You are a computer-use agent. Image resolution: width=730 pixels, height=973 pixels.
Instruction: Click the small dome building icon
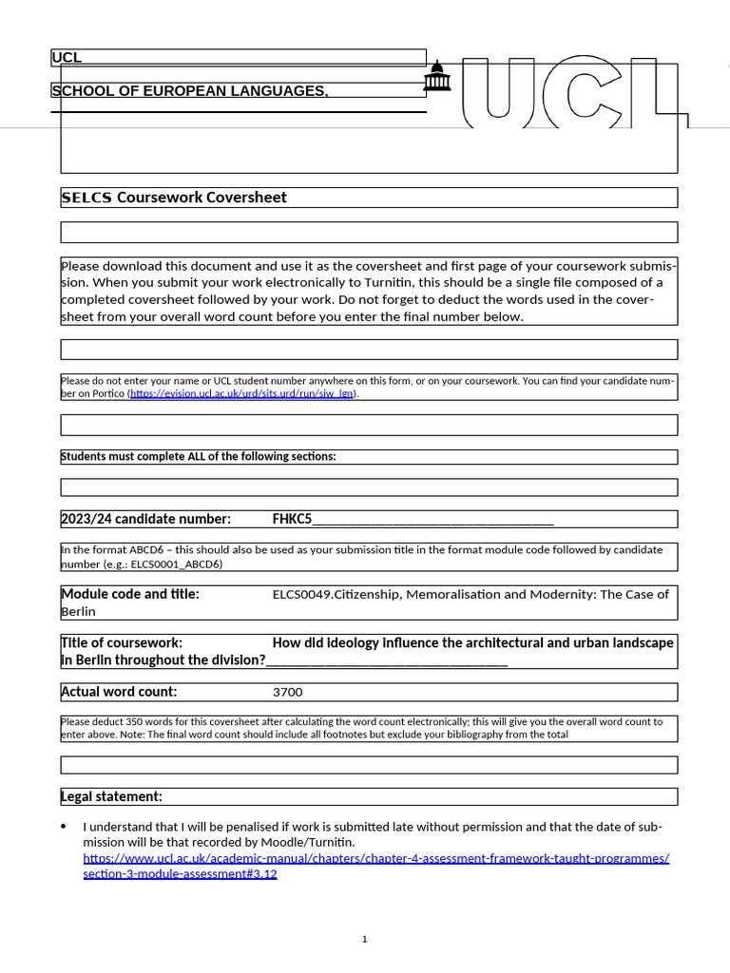436,77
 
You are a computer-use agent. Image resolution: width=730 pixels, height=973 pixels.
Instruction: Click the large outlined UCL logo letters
570,92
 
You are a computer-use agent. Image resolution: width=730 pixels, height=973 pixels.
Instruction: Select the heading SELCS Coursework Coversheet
174,198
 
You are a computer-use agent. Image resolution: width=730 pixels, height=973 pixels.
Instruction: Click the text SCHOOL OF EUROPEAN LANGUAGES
190,91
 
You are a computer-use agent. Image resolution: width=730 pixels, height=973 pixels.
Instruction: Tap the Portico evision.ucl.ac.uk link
241,393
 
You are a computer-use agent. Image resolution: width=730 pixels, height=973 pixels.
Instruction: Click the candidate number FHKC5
292,519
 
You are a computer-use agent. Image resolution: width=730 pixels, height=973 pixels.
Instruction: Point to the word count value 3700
288,692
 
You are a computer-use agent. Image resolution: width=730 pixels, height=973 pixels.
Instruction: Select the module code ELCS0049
302,594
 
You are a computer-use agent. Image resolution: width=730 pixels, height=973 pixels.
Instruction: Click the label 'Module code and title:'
130,594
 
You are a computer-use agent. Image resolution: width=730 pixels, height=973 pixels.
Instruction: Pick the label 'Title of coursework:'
122,642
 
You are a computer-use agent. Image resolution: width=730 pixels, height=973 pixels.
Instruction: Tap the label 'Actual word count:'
119,692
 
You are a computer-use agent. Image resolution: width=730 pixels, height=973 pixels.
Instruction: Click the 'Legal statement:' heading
112,796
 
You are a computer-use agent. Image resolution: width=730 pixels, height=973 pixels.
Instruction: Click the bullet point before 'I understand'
64,827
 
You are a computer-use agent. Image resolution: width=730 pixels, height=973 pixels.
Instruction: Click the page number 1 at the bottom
364,940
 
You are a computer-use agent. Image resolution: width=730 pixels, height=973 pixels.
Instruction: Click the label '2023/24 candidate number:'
145,519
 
